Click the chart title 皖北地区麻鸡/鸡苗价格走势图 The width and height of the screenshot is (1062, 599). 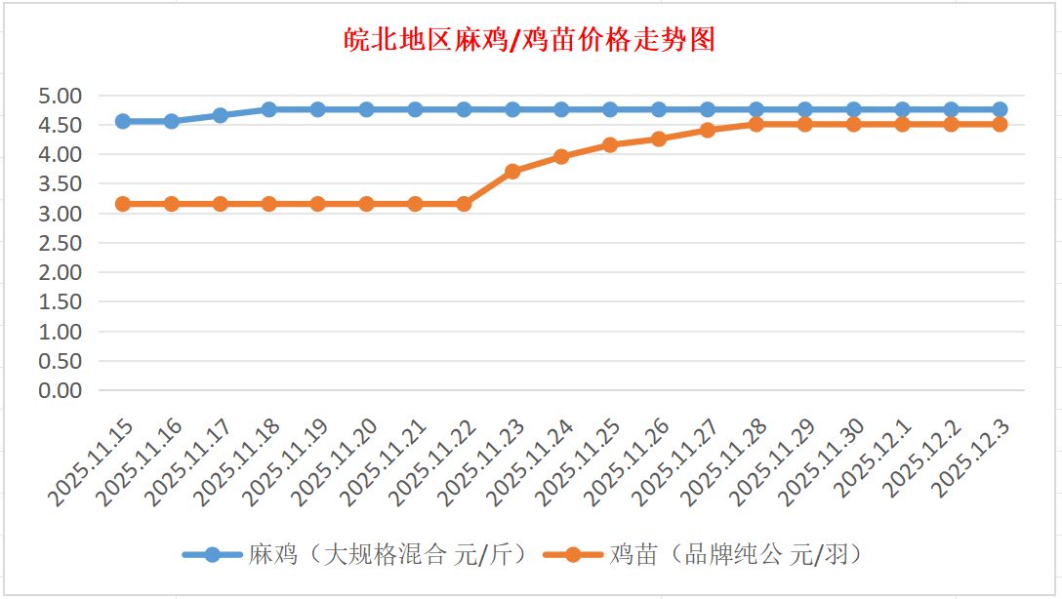coord(531,40)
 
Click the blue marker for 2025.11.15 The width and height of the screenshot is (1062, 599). coord(123,121)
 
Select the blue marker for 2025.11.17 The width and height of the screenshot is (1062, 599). coord(221,115)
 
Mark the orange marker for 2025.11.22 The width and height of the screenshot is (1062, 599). coord(464,204)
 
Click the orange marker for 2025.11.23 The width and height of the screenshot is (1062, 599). coord(512,172)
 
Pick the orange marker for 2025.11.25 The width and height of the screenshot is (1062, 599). coord(610,144)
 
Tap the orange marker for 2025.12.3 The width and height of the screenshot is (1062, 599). coord(1000,124)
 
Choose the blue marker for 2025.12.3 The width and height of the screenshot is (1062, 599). coord(1000,109)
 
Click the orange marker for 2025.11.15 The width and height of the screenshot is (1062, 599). coord(123,204)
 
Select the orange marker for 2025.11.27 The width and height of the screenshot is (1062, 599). coord(708,130)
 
